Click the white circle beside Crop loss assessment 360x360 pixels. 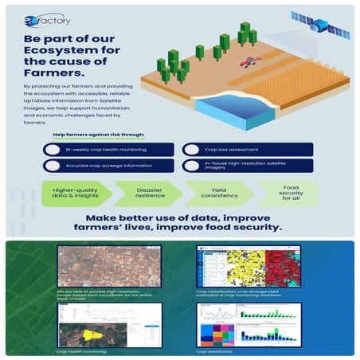[191, 150]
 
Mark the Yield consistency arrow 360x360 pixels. [219, 194]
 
